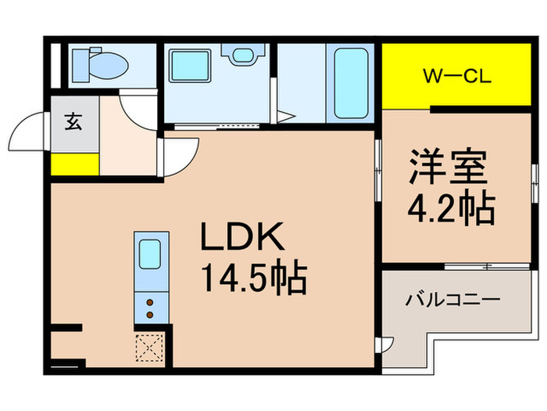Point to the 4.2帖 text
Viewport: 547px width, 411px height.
click(451, 207)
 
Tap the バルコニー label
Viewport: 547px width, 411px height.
click(452, 300)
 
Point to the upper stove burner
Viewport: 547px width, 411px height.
click(148, 301)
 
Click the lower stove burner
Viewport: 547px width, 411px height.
click(148, 315)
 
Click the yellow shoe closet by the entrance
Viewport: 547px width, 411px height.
click(75, 164)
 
